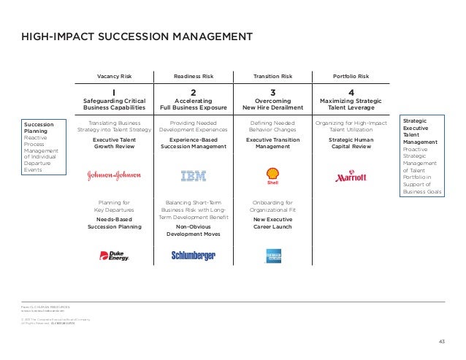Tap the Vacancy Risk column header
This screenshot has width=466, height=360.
click(114, 76)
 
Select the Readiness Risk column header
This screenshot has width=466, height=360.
click(193, 76)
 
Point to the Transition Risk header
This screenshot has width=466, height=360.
click(272, 76)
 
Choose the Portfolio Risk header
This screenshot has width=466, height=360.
click(351, 76)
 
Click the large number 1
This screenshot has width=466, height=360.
click(114, 93)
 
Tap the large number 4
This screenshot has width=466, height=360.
click(351, 93)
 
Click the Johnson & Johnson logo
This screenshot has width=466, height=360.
click(113, 175)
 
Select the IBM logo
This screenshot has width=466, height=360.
click(193, 175)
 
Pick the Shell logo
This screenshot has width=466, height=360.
click(272, 175)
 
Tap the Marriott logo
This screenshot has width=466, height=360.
click(351, 176)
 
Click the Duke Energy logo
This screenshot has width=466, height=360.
click(113, 255)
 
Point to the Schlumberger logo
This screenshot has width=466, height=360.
click(193, 255)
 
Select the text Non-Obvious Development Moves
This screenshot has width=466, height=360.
click(193, 230)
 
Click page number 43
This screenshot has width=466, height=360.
click(440, 341)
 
